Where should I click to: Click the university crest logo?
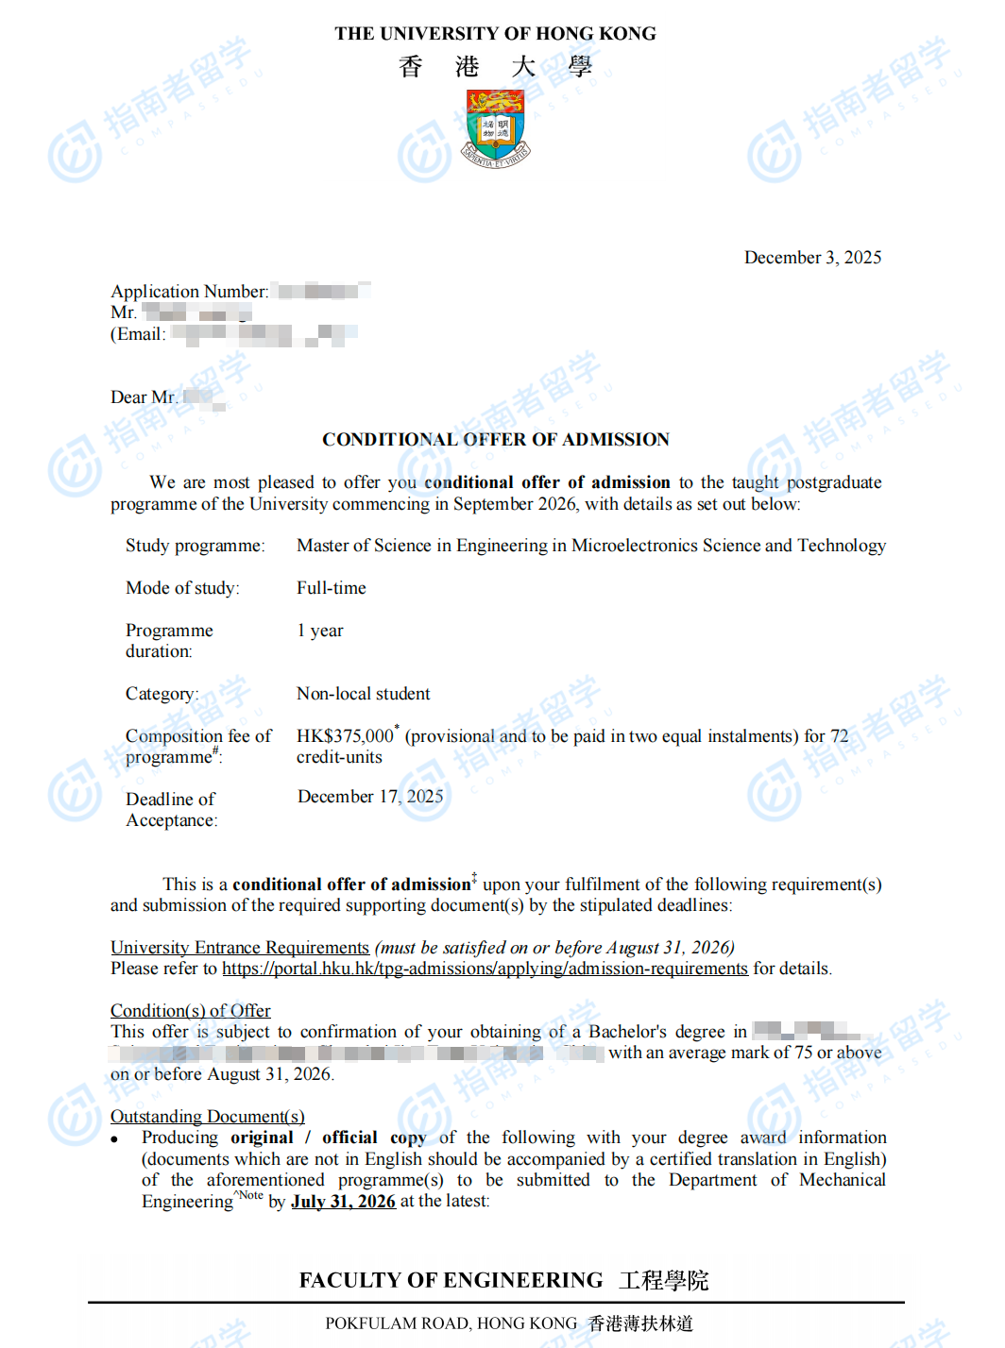(496, 128)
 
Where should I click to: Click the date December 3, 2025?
(812, 258)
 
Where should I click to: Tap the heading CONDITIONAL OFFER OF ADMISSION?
(496, 440)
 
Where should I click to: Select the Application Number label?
(189, 292)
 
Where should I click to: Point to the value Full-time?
(332, 588)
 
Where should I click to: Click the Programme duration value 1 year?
(320, 631)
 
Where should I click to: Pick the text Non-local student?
(364, 694)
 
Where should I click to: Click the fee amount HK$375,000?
(345, 736)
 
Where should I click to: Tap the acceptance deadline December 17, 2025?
(370, 797)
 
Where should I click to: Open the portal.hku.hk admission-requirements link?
(485, 969)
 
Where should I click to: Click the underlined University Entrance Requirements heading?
(240, 948)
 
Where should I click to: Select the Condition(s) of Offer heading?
(191, 1011)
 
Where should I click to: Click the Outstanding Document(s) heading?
(208, 1117)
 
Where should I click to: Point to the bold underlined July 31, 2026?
(343, 1202)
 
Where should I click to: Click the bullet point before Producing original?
(115, 1139)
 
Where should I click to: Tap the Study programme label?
(195, 546)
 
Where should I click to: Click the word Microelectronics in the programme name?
(635, 546)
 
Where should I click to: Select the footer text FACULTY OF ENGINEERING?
(451, 1280)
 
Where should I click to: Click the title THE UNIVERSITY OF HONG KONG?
(495, 34)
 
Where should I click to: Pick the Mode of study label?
(182, 588)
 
